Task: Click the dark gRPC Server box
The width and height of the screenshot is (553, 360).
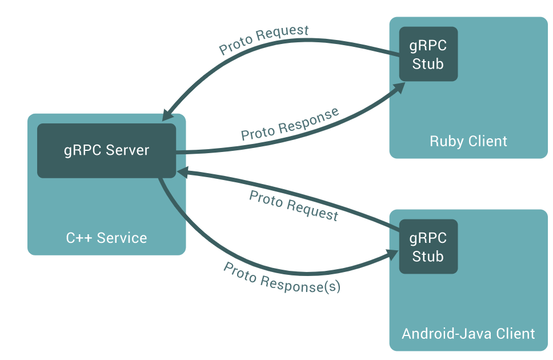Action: tap(106, 150)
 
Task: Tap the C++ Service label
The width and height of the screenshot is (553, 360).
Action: tap(106, 238)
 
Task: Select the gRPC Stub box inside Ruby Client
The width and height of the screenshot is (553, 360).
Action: tap(428, 54)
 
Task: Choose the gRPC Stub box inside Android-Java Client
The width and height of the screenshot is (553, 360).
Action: tap(428, 247)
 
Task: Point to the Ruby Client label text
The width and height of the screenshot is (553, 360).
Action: tap(468, 141)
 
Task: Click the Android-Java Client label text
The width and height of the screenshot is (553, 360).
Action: tap(468, 333)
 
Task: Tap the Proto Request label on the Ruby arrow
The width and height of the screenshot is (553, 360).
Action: tap(264, 40)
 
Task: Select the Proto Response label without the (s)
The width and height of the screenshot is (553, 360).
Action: tap(290, 124)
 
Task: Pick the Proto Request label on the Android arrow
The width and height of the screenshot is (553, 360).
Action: tap(294, 205)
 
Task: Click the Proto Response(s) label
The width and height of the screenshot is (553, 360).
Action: tap(282, 278)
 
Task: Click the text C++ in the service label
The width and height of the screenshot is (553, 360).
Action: tap(78, 238)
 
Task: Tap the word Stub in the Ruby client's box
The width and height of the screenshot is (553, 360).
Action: tap(428, 64)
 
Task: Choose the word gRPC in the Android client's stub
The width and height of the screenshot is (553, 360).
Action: tap(428, 238)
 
